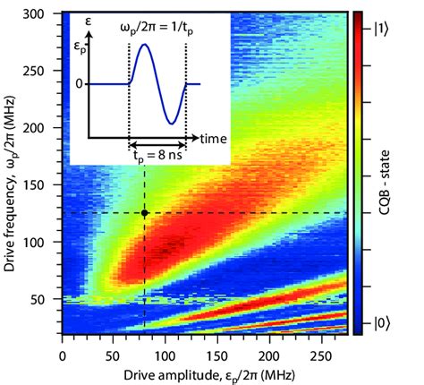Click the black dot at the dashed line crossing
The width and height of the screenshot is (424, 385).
pyautogui.click(x=144, y=213)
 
